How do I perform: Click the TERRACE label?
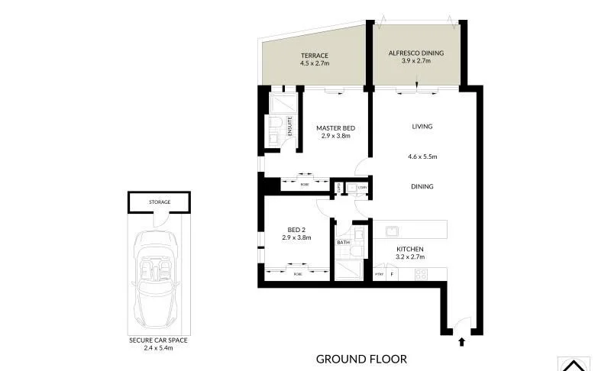click(x=314, y=56)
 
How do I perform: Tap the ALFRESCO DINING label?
click(x=417, y=53)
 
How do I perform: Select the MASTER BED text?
click(x=335, y=128)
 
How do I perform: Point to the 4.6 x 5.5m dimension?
click(x=422, y=157)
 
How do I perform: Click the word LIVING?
click(x=422, y=127)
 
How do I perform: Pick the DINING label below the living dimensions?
click(x=422, y=186)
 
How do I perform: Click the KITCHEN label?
click(x=409, y=250)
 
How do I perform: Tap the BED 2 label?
click(x=296, y=229)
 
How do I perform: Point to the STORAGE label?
click(x=160, y=202)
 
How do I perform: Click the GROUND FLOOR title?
click(x=361, y=359)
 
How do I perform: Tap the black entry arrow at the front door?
click(x=461, y=344)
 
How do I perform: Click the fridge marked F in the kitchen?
click(x=393, y=274)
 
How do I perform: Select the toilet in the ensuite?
click(x=274, y=125)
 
